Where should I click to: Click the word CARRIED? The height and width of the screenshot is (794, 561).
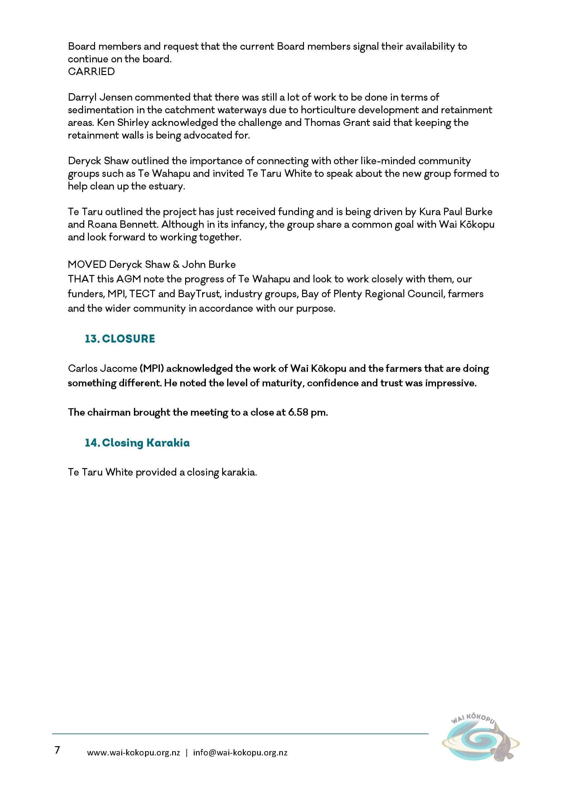coord(91,72)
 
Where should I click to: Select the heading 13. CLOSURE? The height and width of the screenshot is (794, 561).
coord(120,339)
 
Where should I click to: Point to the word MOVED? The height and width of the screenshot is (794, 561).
coord(87,264)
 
